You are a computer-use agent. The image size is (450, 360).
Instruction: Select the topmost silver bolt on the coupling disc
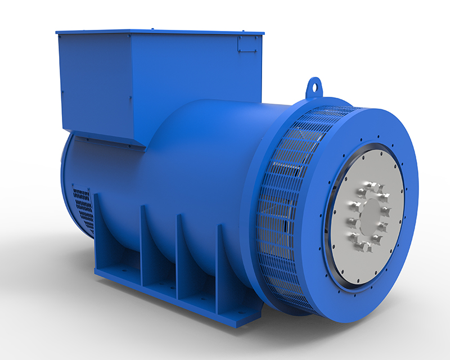click(x=368, y=185)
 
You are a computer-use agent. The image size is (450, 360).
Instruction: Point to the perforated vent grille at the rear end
click(x=83, y=209)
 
